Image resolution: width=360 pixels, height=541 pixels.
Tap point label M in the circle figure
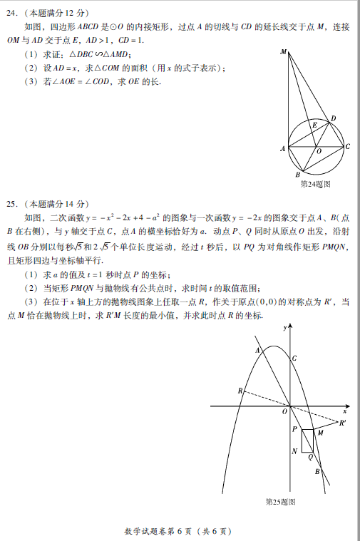284,52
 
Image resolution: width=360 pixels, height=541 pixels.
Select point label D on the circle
333,118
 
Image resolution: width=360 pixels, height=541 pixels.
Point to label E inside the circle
314,125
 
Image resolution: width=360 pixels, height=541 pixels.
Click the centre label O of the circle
318,152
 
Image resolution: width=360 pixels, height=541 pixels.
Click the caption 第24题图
315,183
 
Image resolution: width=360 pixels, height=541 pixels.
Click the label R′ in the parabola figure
343,423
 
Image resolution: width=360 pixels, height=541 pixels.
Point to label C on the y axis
294,358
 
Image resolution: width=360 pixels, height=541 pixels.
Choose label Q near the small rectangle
310,457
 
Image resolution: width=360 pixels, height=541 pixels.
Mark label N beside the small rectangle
294,451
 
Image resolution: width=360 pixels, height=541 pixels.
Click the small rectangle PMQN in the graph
307,440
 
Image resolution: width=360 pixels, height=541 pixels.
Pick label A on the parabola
257,350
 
